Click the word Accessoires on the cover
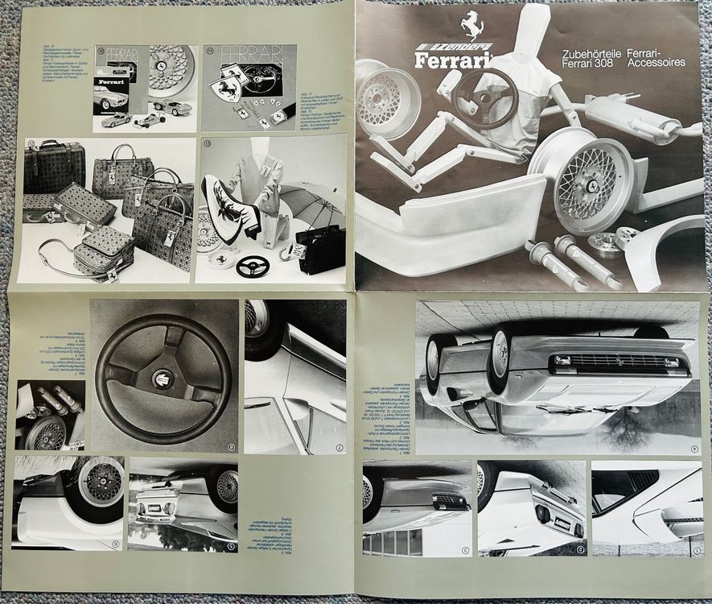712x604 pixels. pos(652,62)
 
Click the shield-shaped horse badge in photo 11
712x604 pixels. pos(226,89)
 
